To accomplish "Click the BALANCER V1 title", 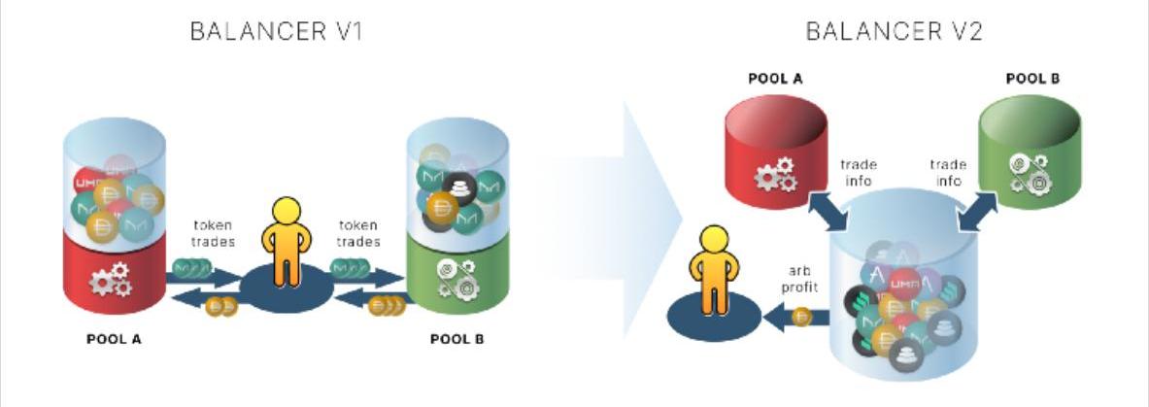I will pos(277,31).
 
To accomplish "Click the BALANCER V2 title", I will pos(895,31).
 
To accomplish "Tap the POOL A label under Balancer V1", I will pos(115,340).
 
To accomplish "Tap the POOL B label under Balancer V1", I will pos(456,340).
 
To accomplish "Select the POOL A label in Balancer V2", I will pos(775,79).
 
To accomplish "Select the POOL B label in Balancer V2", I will pos(1032,79).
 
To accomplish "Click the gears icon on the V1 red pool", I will pos(109,281).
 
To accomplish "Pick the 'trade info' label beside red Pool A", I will pos(858,173).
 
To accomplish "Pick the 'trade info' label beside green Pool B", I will pos(946,173).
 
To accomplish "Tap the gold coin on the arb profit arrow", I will pos(801,317).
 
